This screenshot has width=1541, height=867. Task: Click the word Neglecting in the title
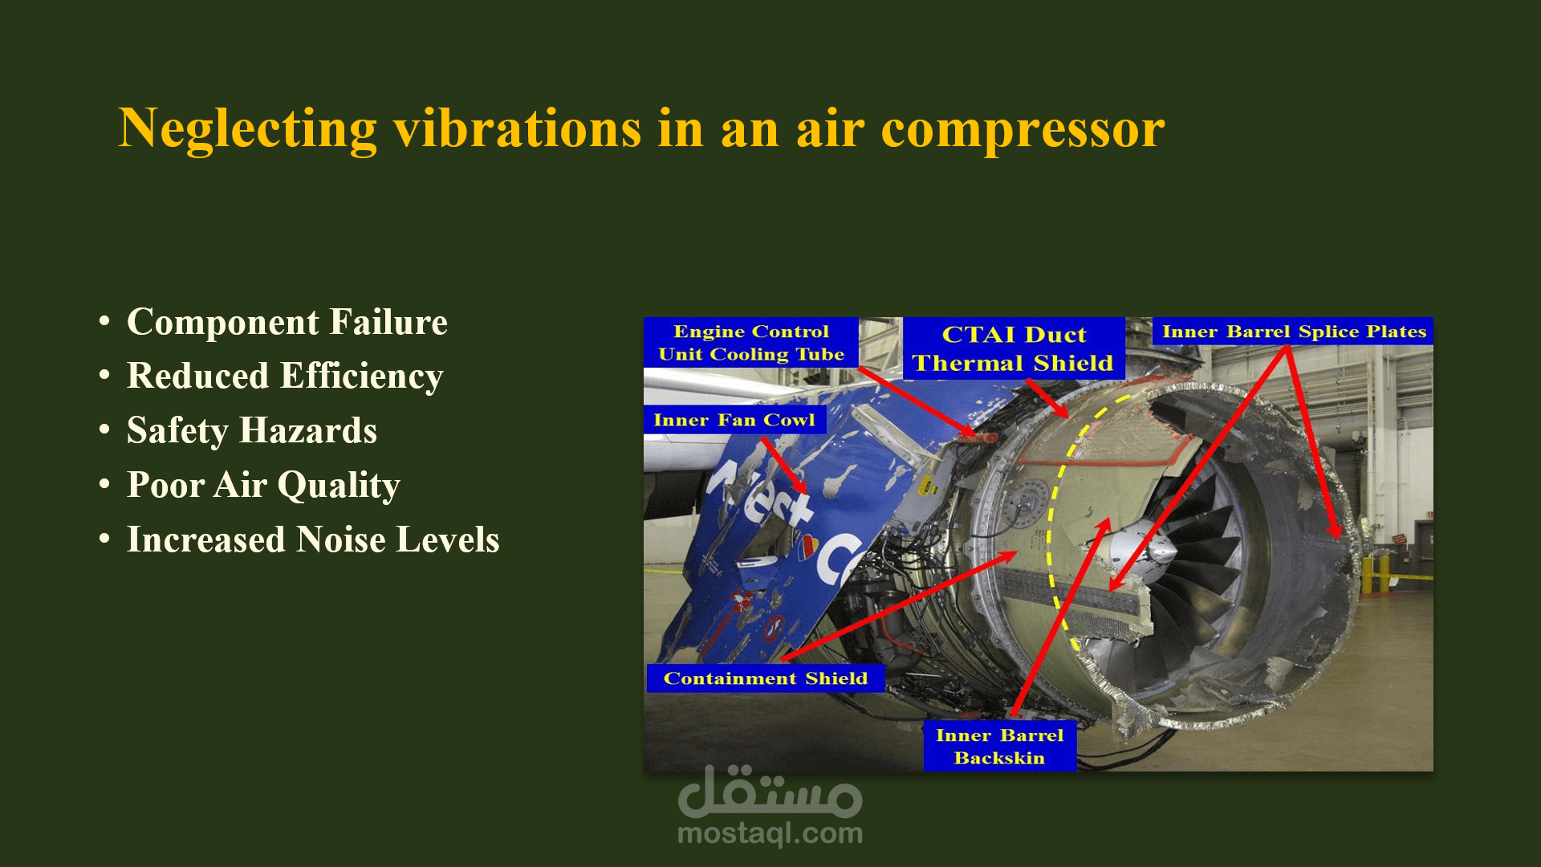247,128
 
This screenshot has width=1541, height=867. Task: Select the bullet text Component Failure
287,322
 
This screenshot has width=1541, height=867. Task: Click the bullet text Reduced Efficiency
285,377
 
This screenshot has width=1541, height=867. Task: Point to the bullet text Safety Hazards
252,431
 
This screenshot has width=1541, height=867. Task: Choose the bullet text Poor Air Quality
263,486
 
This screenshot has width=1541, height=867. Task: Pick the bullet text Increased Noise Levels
313,539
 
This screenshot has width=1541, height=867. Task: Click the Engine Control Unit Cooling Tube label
751,343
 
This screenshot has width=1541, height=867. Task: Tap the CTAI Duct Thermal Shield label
1014,348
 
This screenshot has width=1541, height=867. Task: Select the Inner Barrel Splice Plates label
1293,332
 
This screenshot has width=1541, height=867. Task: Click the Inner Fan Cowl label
734,420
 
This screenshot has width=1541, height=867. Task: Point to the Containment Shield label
766,678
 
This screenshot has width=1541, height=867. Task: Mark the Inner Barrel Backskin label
999,747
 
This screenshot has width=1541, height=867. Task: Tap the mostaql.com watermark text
770,834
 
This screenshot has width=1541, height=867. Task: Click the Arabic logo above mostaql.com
770,791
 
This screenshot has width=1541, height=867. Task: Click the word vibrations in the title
517,128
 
